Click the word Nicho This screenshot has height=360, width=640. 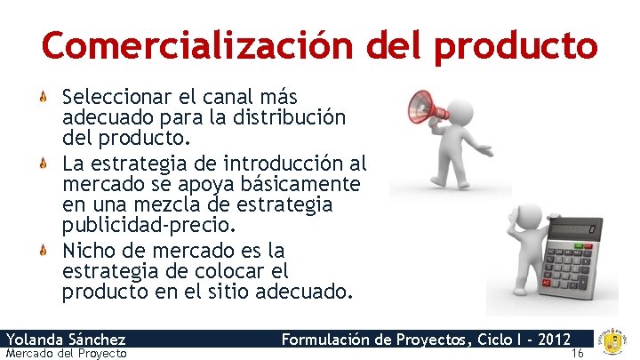(86, 249)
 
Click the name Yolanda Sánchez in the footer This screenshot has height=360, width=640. (66, 339)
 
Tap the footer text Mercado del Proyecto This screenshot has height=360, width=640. (66, 354)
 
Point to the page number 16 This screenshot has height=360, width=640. (578, 353)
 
